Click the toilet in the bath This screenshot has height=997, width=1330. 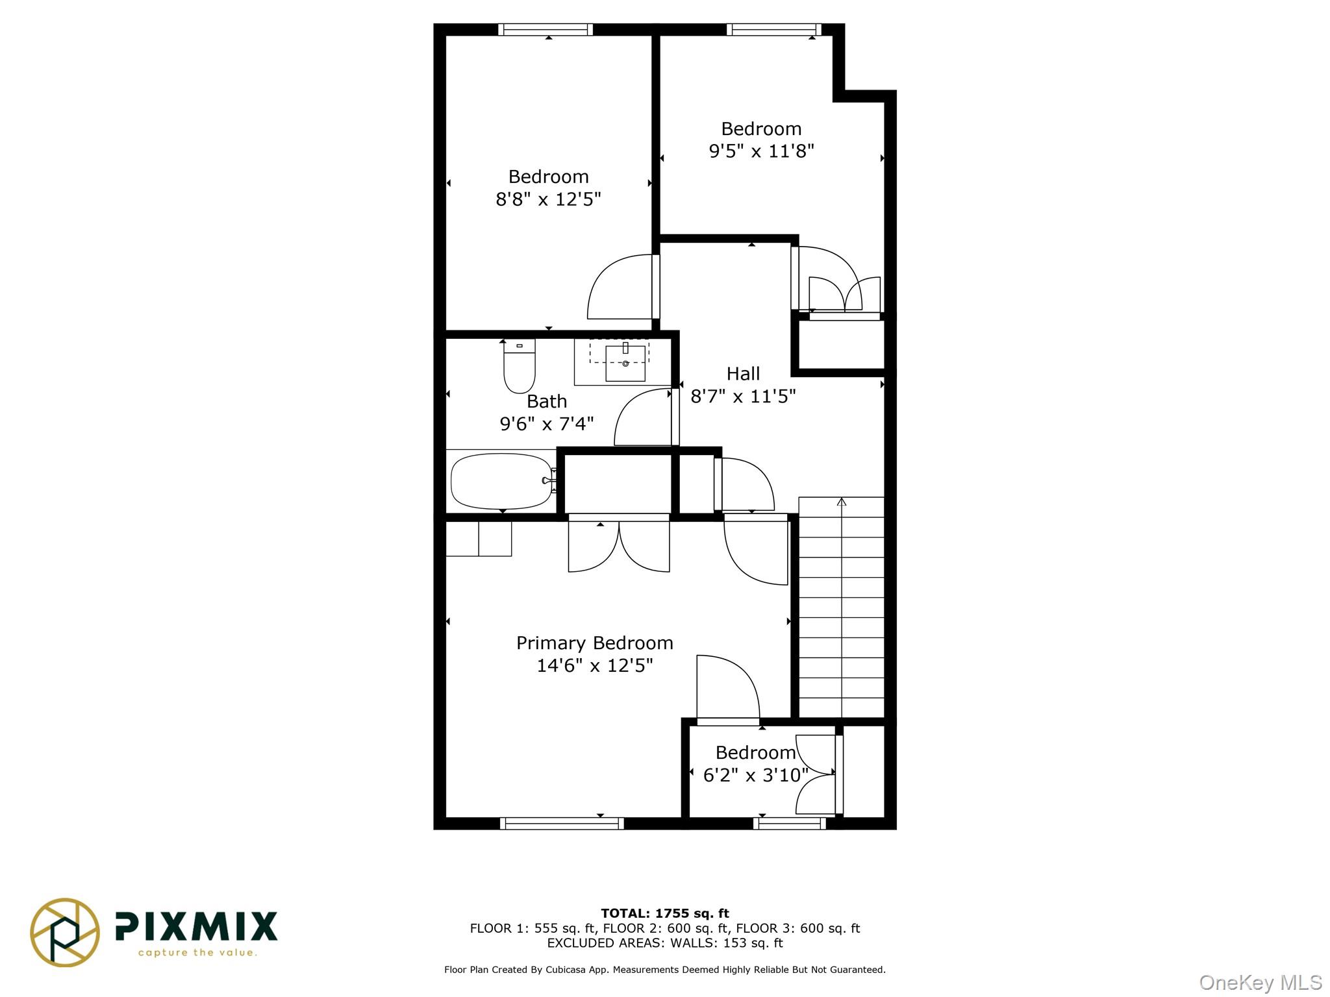click(x=520, y=367)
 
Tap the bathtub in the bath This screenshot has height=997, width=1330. click(x=501, y=481)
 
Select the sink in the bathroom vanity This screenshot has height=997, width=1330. click(x=625, y=363)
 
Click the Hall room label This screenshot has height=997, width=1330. click(x=743, y=374)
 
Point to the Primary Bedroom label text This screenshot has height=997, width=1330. click(x=594, y=643)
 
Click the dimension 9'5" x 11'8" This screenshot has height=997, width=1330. click(x=761, y=151)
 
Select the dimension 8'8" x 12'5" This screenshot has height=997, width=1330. click(x=548, y=199)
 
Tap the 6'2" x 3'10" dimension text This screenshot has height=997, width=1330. click(x=755, y=775)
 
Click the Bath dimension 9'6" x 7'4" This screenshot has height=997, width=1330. click(x=546, y=424)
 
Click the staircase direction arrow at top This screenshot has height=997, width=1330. click(x=842, y=502)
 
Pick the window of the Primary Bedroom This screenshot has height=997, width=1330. click(x=562, y=823)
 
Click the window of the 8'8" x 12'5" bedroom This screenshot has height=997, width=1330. click(x=546, y=29)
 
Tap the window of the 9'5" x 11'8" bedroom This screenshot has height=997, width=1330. click(x=773, y=29)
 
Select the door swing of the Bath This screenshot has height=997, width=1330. click(x=643, y=419)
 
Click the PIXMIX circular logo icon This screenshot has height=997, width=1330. click(x=65, y=932)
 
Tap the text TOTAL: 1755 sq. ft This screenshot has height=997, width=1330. click(x=664, y=913)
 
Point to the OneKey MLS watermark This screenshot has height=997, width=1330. click(x=1260, y=983)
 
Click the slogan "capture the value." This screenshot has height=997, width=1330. click(x=197, y=953)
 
